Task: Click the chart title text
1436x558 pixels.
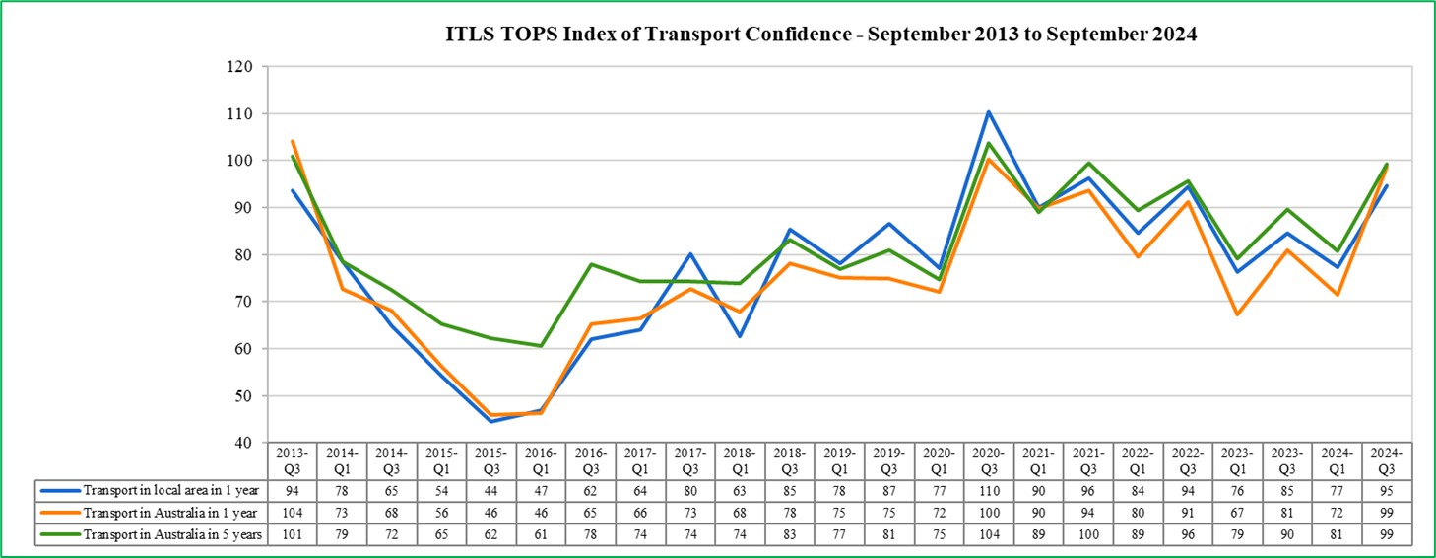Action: (x=819, y=35)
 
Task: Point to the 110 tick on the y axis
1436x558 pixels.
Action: (x=240, y=114)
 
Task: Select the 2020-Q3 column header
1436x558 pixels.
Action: (x=988, y=461)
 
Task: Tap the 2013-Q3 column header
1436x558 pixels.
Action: (x=293, y=461)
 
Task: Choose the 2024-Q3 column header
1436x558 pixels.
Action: (x=1386, y=461)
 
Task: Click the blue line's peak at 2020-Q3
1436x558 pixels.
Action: (x=988, y=112)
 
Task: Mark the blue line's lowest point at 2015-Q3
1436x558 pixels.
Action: (x=491, y=421)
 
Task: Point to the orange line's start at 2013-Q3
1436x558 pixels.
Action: (x=293, y=141)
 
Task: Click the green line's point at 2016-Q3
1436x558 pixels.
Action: (x=591, y=264)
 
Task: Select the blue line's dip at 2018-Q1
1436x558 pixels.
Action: (x=740, y=336)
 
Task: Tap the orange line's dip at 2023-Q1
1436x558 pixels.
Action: (x=1236, y=314)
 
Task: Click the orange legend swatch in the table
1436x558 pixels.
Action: (x=58, y=513)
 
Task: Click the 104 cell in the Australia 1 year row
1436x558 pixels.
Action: (x=293, y=513)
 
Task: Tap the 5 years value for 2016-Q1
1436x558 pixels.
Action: (x=541, y=534)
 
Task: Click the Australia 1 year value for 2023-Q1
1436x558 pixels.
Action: (x=1236, y=513)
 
